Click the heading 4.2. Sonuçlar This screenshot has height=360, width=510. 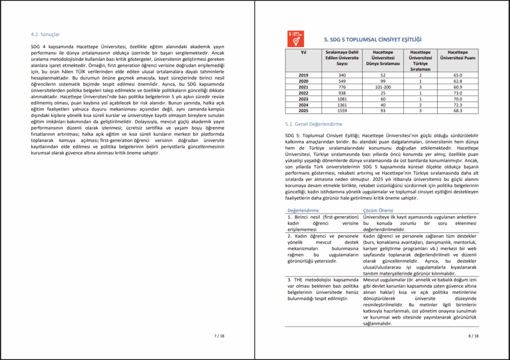coord(45,34)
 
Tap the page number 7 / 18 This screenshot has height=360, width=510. coord(219,336)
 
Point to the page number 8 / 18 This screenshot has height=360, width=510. coord(474,336)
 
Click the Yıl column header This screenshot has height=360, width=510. coord(303,52)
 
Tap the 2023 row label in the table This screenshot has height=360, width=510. coord(303,99)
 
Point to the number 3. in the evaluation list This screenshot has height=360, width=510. coord(290,279)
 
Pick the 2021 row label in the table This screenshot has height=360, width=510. coord(303,87)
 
